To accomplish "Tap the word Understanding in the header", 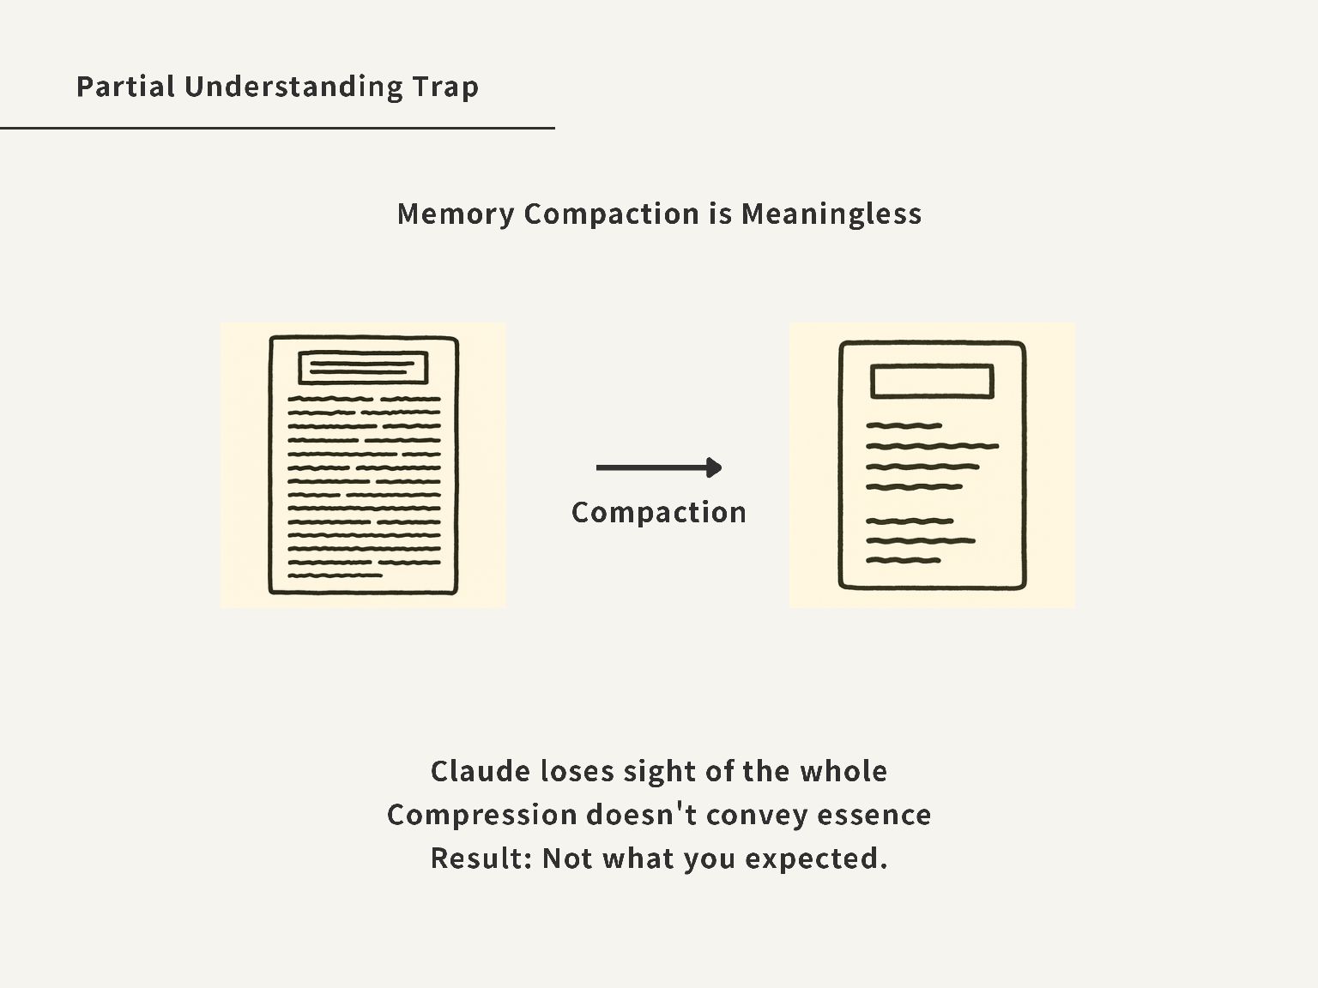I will click(x=292, y=87).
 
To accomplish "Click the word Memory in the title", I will click(x=455, y=214).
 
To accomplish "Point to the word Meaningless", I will click(x=831, y=214).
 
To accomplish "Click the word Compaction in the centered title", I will click(x=611, y=214).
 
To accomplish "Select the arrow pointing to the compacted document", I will click(x=658, y=467).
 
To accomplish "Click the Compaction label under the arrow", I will click(x=658, y=513).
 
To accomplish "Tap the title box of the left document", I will click(x=363, y=368).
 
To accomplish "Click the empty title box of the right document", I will click(x=932, y=382).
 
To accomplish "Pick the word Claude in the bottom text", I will click(x=480, y=771).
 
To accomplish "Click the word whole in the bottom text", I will click(x=843, y=771).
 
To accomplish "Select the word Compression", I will click(x=481, y=815).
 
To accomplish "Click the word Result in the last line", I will click(x=480, y=858).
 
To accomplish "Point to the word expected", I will click(x=815, y=858).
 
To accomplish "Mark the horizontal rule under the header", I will click(x=277, y=128).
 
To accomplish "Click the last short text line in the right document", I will click(x=904, y=560).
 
